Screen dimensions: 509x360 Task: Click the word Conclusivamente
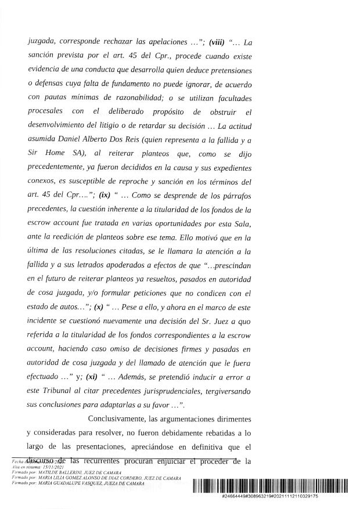coord(124,420)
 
